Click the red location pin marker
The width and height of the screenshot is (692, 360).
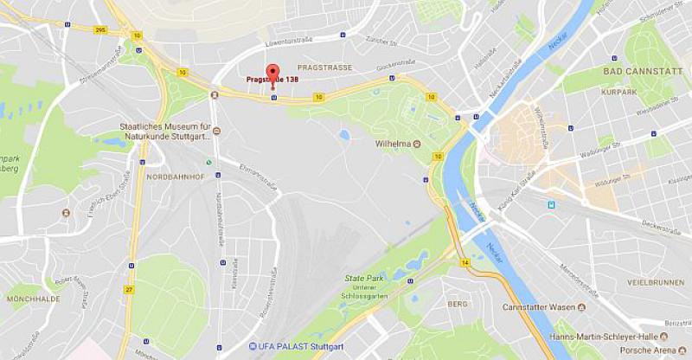(x=272, y=74)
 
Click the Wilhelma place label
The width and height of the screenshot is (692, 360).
(x=394, y=145)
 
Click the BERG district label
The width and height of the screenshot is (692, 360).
(x=457, y=305)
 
